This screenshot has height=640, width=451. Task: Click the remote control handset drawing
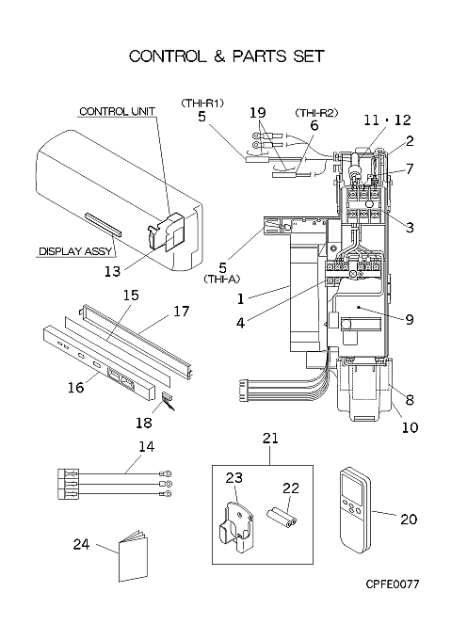356,511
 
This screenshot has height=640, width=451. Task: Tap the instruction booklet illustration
133,556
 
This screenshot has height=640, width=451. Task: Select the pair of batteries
282,518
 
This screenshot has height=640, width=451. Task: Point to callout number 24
81,544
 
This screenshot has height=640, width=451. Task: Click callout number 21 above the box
270,438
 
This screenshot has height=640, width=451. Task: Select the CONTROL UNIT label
117,111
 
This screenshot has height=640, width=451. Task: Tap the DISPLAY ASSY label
75,251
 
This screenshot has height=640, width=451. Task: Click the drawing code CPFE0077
393,584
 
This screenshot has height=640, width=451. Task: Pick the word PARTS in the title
259,56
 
